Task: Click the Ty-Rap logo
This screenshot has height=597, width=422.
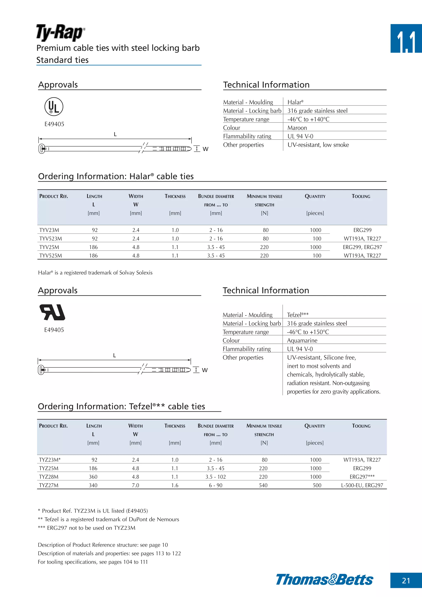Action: [60, 33]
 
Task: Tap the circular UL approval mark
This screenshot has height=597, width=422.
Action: [54, 107]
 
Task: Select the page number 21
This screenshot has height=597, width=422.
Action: [406, 580]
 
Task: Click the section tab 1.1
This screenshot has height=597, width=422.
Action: [406, 39]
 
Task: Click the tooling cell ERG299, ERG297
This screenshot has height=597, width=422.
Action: [362, 247]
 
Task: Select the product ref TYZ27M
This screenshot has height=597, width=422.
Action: [49, 485]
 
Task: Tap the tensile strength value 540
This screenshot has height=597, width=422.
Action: [263, 485]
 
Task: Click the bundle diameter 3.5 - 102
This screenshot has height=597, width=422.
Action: [216, 477]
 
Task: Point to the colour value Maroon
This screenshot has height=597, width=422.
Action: [297, 128]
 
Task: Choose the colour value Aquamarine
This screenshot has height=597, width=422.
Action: [302, 341]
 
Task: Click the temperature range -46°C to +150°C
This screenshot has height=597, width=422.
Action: [308, 332]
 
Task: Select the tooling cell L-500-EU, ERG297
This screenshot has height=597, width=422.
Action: [362, 485]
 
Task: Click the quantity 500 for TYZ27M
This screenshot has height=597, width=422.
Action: [317, 485]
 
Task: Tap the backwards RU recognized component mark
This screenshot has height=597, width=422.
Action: [52, 312]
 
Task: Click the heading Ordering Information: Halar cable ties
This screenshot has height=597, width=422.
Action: [116, 176]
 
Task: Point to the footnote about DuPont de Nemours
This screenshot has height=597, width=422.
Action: [108, 519]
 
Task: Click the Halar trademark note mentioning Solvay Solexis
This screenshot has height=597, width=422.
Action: [95, 273]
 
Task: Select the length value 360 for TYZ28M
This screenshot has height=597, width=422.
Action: [93, 477]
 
